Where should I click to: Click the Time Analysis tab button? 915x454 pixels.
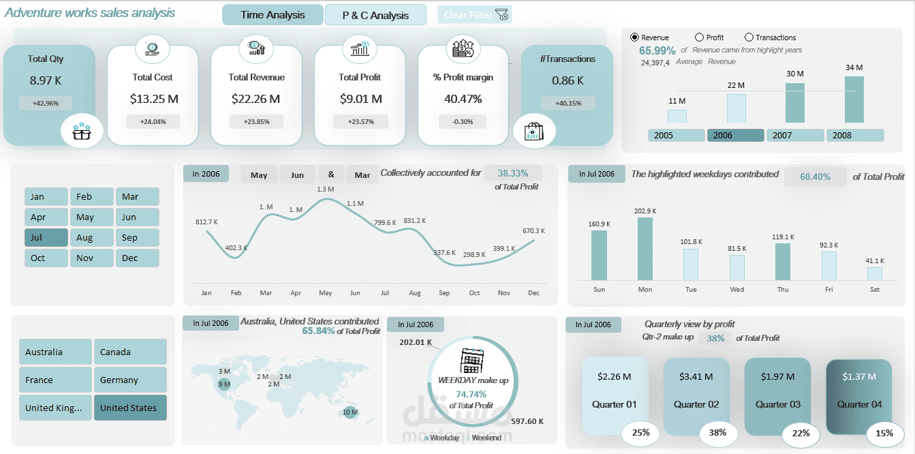273,15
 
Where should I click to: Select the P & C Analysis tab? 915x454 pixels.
375,15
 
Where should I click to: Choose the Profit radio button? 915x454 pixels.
699,37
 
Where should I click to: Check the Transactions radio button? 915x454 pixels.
749,37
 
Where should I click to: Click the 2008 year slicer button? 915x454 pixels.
855,135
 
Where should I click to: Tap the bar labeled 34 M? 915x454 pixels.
854,99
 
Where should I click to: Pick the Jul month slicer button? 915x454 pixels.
46,237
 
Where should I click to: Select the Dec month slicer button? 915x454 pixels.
137,258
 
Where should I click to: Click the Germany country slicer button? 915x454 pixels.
129,380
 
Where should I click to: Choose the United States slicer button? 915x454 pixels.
129,408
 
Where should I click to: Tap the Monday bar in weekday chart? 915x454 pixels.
645,249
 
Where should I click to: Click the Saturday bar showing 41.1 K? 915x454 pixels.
875,273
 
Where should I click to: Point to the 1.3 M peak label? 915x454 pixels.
326,189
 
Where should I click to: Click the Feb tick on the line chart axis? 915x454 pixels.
236,292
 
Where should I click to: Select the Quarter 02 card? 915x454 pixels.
696,396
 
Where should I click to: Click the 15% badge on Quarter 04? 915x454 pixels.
885,432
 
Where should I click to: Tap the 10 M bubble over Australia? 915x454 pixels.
350,412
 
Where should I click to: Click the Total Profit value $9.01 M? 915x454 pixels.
360,99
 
